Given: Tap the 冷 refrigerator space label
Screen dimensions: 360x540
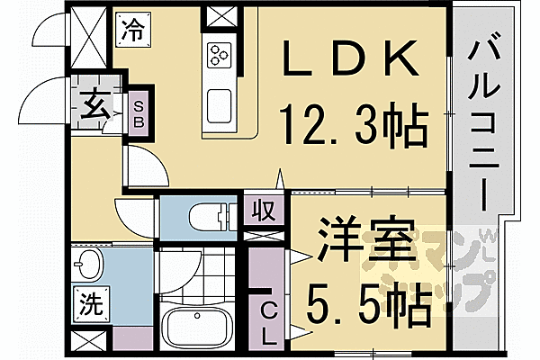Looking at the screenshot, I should point(132,29).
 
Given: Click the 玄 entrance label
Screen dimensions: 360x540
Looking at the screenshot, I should point(96,108).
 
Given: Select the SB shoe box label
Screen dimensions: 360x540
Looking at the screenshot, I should point(140,112).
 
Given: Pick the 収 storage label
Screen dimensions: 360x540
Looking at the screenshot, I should point(262,212).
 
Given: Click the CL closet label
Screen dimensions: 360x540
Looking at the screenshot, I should point(269,321).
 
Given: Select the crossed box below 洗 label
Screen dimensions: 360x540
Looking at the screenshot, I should point(88,344).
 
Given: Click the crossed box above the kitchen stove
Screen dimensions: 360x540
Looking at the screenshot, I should point(220,15).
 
